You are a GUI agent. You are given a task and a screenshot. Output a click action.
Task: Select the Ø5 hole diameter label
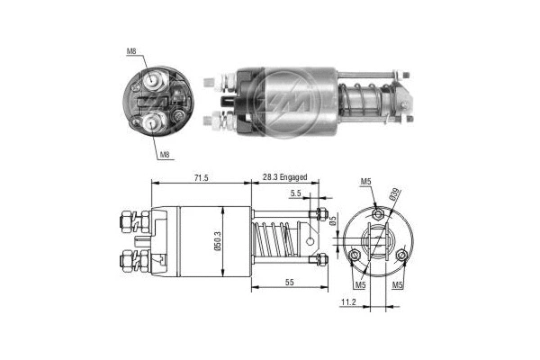332,222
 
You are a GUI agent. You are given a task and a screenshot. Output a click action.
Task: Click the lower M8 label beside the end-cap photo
165,156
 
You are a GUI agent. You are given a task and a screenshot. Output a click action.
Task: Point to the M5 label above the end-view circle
366,183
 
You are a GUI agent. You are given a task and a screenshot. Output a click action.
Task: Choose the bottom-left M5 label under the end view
360,286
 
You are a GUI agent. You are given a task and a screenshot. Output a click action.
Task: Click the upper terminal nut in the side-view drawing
126,219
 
